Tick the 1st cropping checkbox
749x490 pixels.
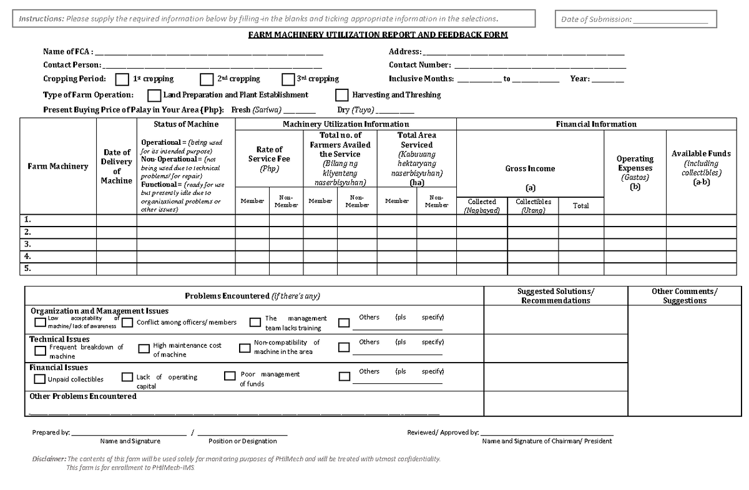pos(122,79)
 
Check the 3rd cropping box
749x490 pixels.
pos(288,79)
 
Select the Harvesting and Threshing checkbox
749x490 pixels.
pos(341,96)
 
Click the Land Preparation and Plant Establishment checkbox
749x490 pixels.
pos(154,96)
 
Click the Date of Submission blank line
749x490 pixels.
pos(670,20)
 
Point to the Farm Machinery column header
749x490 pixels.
pos(57,166)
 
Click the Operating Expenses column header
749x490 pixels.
pos(635,168)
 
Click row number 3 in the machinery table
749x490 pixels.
pos(27,244)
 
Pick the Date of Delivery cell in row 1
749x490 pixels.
pos(117,220)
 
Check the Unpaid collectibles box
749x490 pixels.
pos(40,379)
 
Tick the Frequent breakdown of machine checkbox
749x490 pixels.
pos(40,351)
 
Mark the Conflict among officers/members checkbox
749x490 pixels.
pos(127,323)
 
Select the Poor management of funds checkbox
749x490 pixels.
pos(229,376)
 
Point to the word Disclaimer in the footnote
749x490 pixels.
pos(49,459)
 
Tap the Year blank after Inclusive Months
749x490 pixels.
pos(607,80)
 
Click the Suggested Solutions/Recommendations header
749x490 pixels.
pos(556,296)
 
